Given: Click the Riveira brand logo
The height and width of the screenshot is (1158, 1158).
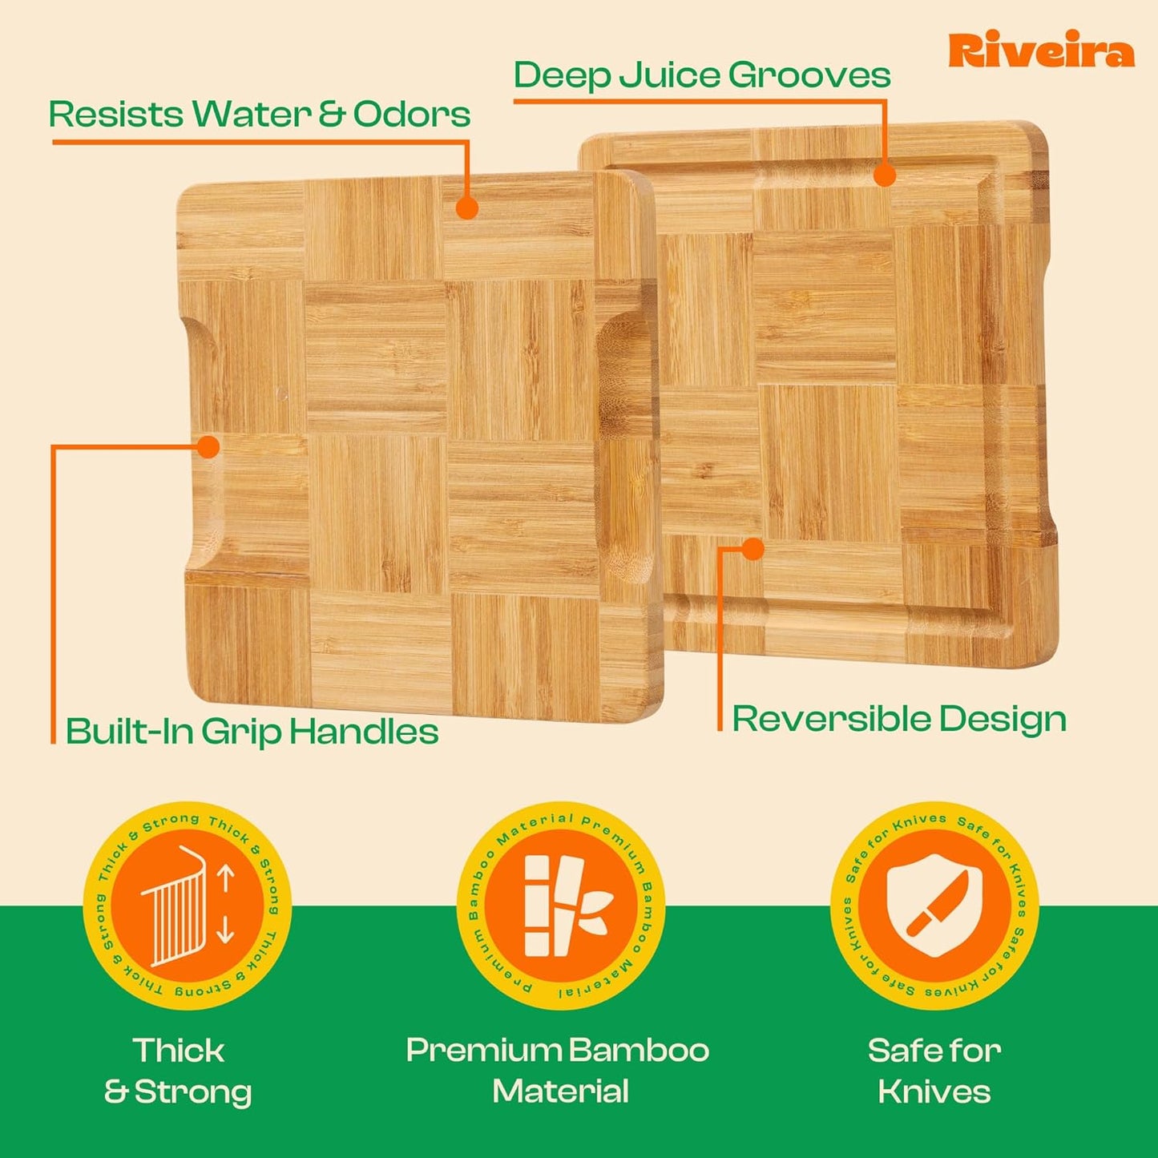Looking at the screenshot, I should pos(1041,51).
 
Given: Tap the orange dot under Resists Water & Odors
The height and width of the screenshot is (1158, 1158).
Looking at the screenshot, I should pos(467,208).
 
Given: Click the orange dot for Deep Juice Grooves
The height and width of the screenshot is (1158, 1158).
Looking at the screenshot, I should pos(884,176).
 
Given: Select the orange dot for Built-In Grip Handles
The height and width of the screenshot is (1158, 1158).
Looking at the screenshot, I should pos(208,446).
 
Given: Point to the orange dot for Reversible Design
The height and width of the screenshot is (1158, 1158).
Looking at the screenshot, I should pos(752,549).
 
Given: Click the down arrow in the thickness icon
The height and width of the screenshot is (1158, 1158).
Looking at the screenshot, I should pos(225,930).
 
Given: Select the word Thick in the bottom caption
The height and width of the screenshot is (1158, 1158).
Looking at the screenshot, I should pos(179,1051).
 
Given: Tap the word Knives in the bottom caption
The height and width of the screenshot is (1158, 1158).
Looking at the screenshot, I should pos(934,1091).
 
